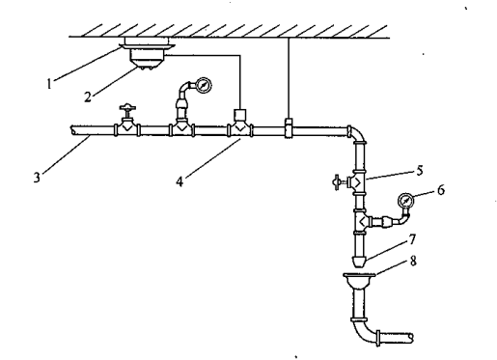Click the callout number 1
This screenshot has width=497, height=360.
tap(49, 84)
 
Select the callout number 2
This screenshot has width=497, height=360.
tap(88, 97)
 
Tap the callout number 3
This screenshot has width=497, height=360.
tap(37, 178)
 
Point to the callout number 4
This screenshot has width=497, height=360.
tap(179, 181)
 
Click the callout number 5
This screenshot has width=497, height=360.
tap(419, 171)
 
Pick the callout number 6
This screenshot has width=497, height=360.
tap(441, 190)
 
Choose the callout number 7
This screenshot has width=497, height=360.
tap(412, 239)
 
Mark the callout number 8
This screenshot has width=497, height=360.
tap(413, 261)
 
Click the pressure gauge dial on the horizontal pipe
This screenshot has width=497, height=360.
tap(204, 86)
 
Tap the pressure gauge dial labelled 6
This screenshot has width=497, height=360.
tap(405, 201)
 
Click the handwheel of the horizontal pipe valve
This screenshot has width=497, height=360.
tap(127, 107)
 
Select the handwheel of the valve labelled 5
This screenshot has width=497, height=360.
tap(337, 182)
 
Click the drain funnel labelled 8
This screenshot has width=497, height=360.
tap(359, 281)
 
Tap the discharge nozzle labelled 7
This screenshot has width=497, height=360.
tap(359, 262)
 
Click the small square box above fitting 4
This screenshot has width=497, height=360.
tap(239, 115)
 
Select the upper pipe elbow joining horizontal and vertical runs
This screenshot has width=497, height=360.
tap(356, 134)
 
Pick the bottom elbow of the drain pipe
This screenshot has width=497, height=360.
tap(365, 331)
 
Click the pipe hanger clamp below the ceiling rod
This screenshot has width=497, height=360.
tap(289, 128)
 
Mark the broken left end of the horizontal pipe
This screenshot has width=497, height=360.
tap(73, 130)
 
